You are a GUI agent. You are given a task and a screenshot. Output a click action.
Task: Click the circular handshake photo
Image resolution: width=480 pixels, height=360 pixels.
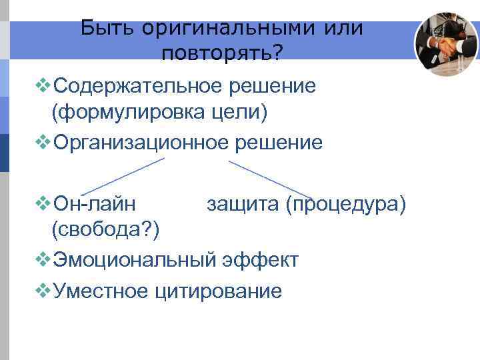446,45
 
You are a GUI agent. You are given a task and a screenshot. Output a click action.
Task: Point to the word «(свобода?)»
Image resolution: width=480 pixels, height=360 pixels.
106,229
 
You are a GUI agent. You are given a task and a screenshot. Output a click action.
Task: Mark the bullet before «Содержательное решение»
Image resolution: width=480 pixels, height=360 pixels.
43,86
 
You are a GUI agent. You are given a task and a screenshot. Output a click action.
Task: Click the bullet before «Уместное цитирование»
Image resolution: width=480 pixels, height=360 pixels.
43,290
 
